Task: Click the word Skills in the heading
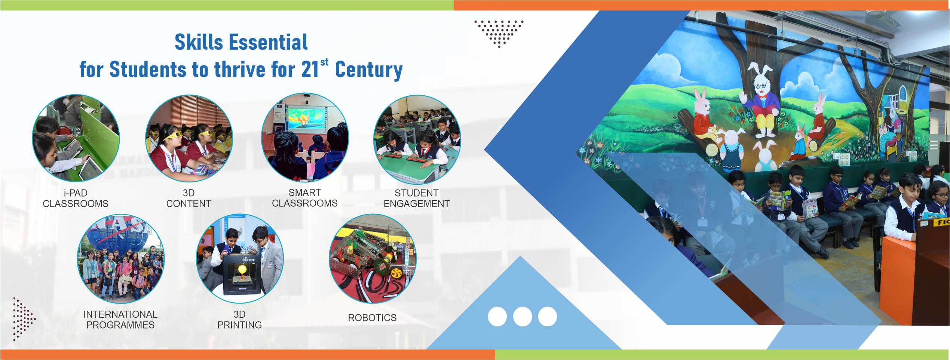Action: pos(199,42)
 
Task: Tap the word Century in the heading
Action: pos(369,70)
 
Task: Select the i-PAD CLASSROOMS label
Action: pos(76,198)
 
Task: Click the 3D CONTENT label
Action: pos(189,198)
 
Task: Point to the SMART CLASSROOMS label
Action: pos(305,198)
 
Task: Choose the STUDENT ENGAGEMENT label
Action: pos(417,198)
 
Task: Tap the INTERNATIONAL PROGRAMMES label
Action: pos(120,320)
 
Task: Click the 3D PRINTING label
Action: pos(240,320)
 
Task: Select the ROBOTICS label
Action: pos(372,318)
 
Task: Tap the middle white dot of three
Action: pos(522,316)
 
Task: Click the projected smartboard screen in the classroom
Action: pos(306,117)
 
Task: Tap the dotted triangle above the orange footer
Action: pos(24,319)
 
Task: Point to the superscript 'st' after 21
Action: pos(324,62)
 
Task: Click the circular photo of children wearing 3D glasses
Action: pos(189,138)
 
